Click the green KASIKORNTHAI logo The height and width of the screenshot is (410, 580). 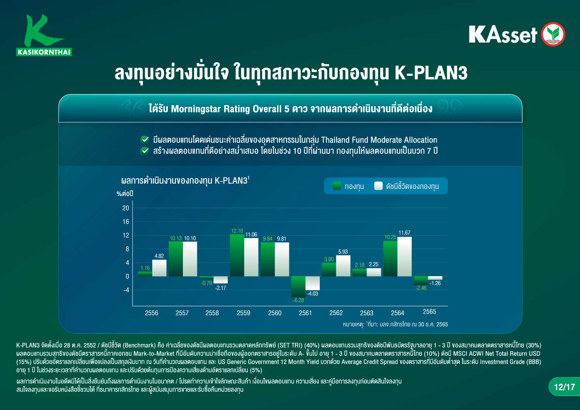point(44,35)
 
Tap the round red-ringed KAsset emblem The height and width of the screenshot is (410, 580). point(553,34)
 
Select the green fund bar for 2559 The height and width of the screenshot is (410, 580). point(237,255)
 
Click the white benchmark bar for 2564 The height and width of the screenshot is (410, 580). point(404,256)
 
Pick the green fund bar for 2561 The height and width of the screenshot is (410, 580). point(298,287)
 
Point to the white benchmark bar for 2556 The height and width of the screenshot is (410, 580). point(159,268)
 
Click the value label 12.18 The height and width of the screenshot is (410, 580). point(237,231)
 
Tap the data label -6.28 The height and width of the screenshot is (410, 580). point(298,300)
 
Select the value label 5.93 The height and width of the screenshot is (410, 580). point(343,251)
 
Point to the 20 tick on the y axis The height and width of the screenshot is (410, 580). point(126,208)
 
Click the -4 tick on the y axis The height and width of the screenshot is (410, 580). point(126,290)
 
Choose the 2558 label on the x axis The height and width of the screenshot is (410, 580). point(212,313)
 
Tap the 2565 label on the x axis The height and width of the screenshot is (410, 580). point(429,312)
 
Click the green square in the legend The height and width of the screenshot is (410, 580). point(337,186)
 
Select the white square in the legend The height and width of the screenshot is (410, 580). point(379,186)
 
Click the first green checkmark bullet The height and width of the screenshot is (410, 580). point(145,140)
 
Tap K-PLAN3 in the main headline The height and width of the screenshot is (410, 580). point(431,73)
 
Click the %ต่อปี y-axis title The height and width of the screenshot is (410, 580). point(125,193)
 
